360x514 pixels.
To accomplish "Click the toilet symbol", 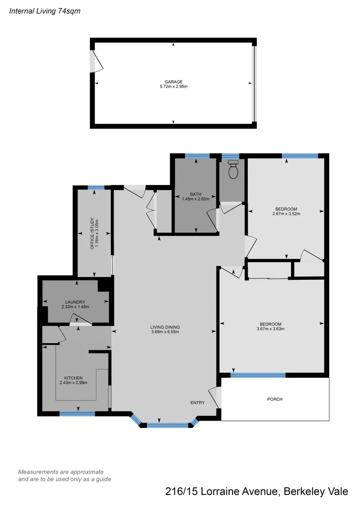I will coord(233,170).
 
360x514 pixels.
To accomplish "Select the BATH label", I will coord(195,194).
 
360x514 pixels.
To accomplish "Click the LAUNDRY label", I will coord(75,302).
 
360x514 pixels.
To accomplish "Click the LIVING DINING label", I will coord(165,327).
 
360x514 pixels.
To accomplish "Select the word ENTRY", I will coord(197,403).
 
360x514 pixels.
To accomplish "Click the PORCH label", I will coord(275,399).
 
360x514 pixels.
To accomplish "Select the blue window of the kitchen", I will coord(77,414).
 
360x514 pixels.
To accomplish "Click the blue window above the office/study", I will coord(96,188).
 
